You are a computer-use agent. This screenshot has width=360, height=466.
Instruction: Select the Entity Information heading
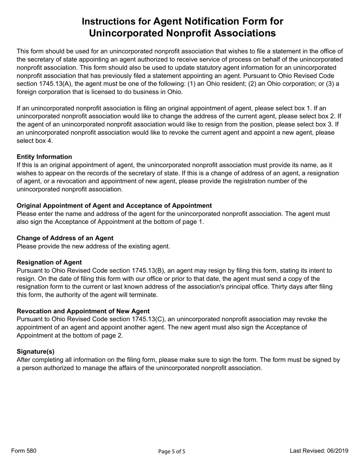click(x=44, y=157)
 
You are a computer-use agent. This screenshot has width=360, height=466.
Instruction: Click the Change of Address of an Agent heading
click(x=65, y=238)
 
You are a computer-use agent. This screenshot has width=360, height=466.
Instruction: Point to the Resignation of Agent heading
click(x=49, y=262)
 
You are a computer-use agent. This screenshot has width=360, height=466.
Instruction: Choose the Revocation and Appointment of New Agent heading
click(x=83, y=311)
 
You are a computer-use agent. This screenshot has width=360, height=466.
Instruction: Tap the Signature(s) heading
click(x=36, y=351)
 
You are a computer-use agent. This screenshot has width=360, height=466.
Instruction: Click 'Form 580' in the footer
click(x=24, y=450)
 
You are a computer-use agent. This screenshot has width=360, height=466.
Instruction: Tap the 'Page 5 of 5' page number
click(x=172, y=451)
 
